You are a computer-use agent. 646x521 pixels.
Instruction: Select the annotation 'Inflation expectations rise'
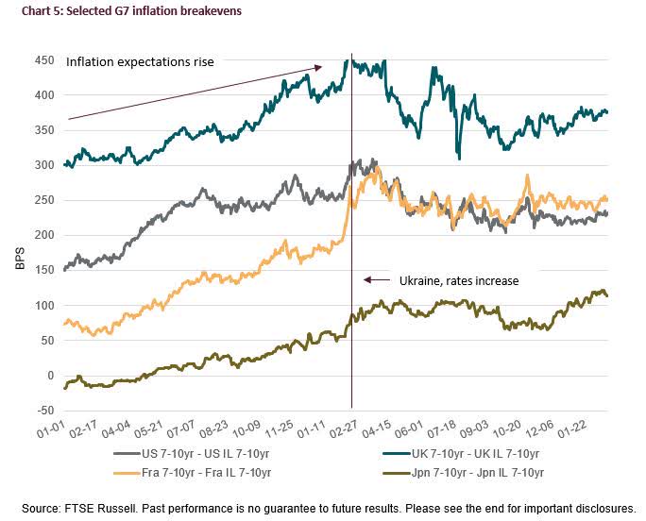(140, 62)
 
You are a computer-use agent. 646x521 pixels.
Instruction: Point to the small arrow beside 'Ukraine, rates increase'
(377, 280)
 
